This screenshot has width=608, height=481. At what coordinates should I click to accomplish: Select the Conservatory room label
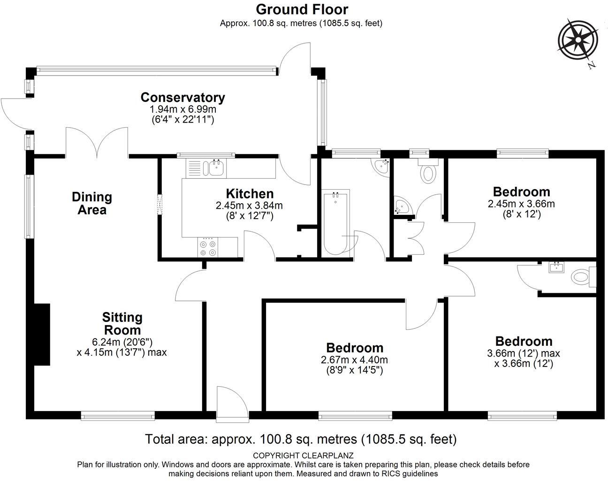point(182,98)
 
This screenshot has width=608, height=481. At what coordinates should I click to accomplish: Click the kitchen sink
point(216,168)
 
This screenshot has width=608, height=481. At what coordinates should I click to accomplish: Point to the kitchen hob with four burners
point(208,247)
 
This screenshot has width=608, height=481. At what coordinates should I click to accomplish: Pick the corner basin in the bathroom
point(380,167)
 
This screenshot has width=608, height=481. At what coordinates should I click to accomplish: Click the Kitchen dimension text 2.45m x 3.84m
point(249,205)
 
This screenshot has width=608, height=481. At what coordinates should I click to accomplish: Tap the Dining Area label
point(92,203)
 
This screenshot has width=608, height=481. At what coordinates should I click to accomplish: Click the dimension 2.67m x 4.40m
point(354,360)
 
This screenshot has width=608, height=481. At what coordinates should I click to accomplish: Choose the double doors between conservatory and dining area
point(97,143)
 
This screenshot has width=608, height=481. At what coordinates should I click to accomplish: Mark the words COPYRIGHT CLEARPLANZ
point(303,455)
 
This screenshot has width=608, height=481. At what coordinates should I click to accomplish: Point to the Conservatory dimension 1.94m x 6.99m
point(182,109)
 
